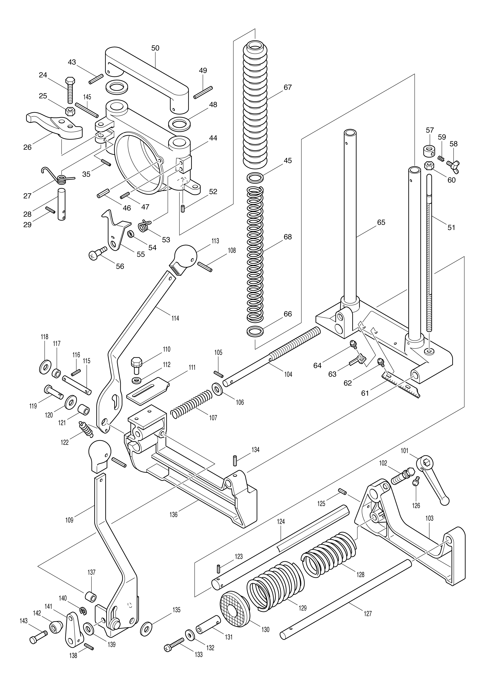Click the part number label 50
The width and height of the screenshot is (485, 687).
pyautogui.click(x=155, y=48)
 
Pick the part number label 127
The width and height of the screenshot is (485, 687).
pyautogui.click(x=368, y=613)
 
